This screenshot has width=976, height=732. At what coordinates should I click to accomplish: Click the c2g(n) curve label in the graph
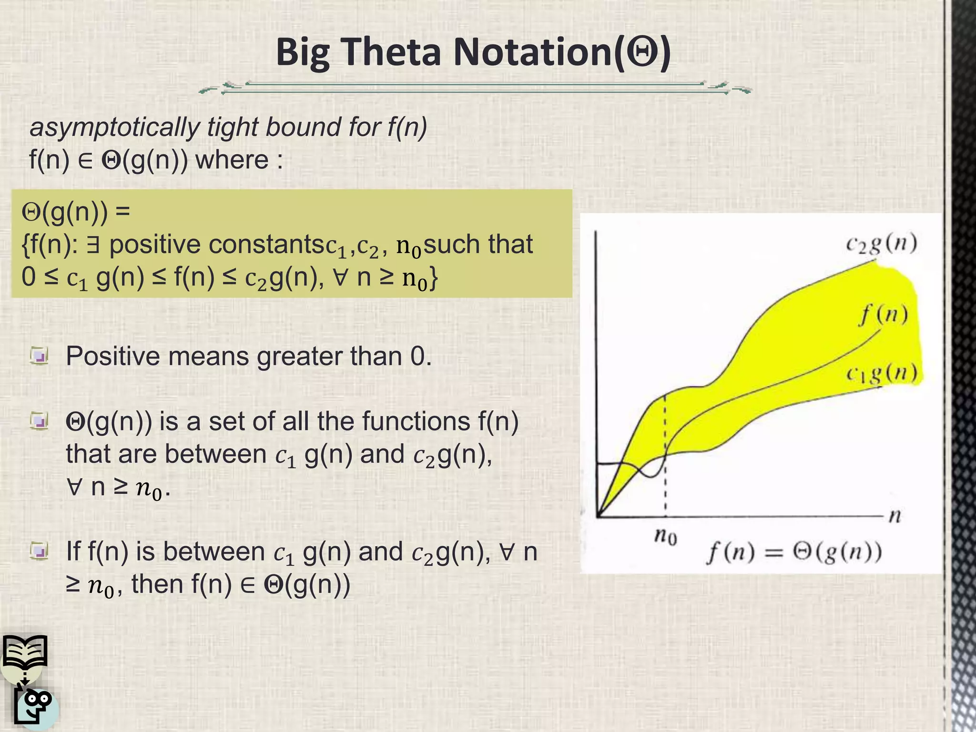881,244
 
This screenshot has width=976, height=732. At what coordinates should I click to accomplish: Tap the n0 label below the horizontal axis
665,537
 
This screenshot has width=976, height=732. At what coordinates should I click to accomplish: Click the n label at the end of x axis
895,516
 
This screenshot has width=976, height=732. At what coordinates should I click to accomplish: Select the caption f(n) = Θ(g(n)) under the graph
793,553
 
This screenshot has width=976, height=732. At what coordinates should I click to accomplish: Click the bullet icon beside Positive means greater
39,356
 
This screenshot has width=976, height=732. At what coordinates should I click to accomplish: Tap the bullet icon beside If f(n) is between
39,552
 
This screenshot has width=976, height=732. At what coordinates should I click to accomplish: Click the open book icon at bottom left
25,651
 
